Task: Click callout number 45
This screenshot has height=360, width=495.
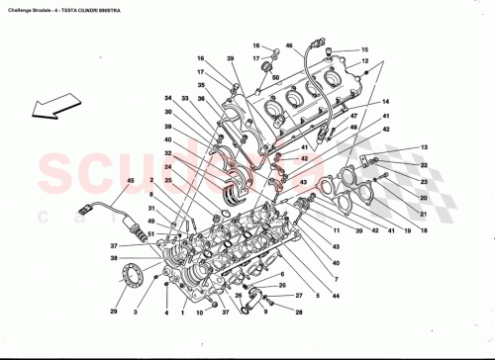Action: pyautogui.click(x=130, y=180)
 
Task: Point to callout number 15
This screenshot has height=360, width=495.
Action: pyautogui.click(x=363, y=50)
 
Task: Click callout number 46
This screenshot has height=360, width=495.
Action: pyautogui.click(x=289, y=46)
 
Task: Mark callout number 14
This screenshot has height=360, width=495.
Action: pyautogui.click(x=386, y=102)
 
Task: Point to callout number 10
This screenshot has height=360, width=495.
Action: pyautogui.click(x=200, y=315)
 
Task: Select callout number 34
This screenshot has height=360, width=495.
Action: pyautogui.click(x=168, y=99)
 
